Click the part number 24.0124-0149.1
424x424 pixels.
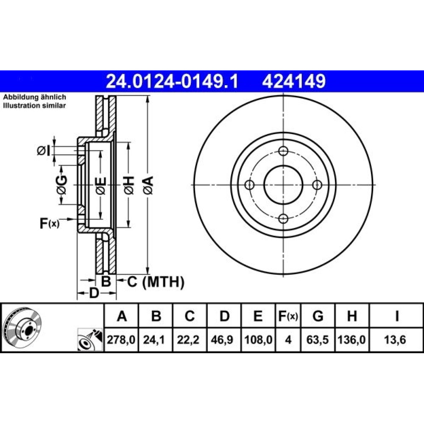(172, 81)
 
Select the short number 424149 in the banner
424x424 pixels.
(294, 81)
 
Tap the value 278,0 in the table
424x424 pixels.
(121, 340)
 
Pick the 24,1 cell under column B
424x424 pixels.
(154, 340)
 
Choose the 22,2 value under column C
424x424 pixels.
(188, 340)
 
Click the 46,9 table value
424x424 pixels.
(222, 340)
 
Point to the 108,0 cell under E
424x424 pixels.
(258, 340)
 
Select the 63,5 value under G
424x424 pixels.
(318, 340)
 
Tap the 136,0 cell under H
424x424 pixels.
(351, 340)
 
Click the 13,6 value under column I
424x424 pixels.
(395, 340)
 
